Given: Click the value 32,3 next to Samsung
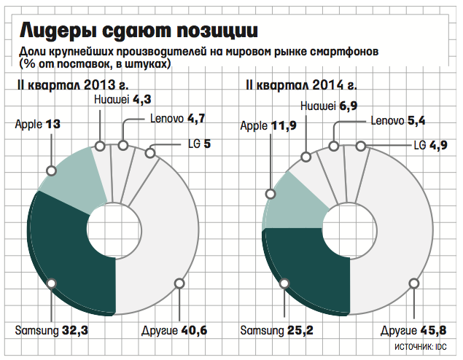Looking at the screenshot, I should coord(75,331).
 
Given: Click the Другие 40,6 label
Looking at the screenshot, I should coord(174,331).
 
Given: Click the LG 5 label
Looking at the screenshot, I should coord(196,144).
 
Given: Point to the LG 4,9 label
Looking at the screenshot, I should coord(429,144).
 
